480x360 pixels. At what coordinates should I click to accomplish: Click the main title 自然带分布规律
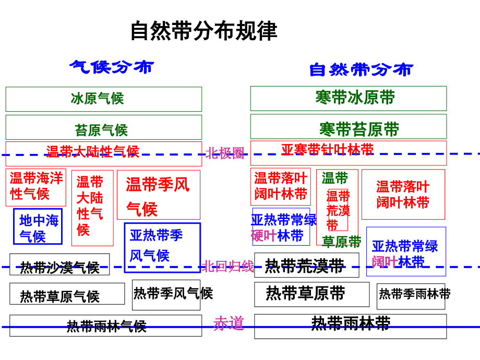[203, 31]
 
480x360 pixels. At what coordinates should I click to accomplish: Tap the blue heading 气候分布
[112, 67]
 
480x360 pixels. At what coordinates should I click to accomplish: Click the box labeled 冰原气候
[103, 99]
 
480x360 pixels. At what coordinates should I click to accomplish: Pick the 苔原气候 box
[103, 128]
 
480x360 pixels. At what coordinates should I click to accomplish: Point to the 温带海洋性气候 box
[36, 187]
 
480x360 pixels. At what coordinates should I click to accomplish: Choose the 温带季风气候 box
[158, 195]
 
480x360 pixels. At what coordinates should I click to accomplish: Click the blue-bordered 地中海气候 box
[38, 227]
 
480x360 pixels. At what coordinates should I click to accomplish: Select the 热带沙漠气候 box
[59, 265]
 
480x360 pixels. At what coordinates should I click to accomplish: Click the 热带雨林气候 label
[106, 326]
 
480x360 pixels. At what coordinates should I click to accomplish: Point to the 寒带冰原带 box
[348, 98]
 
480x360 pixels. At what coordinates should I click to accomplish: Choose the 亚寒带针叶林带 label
[328, 150]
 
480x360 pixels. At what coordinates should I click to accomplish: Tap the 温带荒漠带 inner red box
[338, 210]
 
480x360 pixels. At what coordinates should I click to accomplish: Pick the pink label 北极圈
[225, 153]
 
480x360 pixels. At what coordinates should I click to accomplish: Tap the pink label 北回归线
[229, 267]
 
